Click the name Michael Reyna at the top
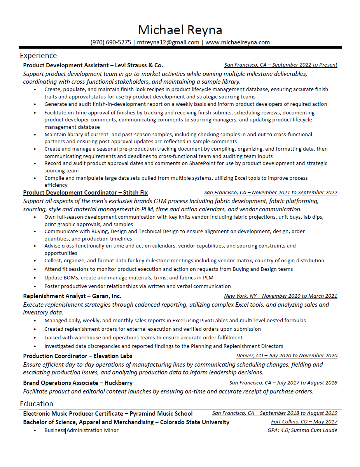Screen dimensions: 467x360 pyautogui.click(x=180, y=30)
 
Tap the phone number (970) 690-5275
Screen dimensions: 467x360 pyautogui.click(x=111, y=42)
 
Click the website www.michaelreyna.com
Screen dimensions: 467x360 pyautogui.click(x=238, y=42)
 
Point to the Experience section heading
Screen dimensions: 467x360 pyautogui.click(x=38, y=55)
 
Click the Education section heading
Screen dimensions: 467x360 pyautogui.click(x=37, y=404)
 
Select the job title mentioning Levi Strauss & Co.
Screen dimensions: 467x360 pyautogui.click(x=93, y=65)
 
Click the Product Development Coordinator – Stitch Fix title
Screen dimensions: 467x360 pyautogui.click(x=85, y=193)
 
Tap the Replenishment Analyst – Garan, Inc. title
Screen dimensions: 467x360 pyautogui.click(x=72, y=296)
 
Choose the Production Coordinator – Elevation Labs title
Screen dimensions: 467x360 pyautogui.click(x=77, y=356)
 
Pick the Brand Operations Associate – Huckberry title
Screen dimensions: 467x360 pyautogui.click(x=77, y=383)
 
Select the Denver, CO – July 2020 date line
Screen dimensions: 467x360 pyautogui.click(x=287, y=356)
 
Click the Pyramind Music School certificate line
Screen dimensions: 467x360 pyautogui.click(x=108, y=413)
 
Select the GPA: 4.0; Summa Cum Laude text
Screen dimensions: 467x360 pyautogui.click(x=302, y=430)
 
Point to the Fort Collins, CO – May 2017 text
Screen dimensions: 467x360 pyautogui.click(x=304, y=422)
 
